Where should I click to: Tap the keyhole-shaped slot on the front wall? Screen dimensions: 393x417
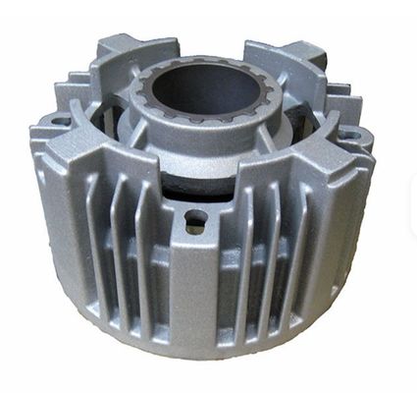tap(195, 220)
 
